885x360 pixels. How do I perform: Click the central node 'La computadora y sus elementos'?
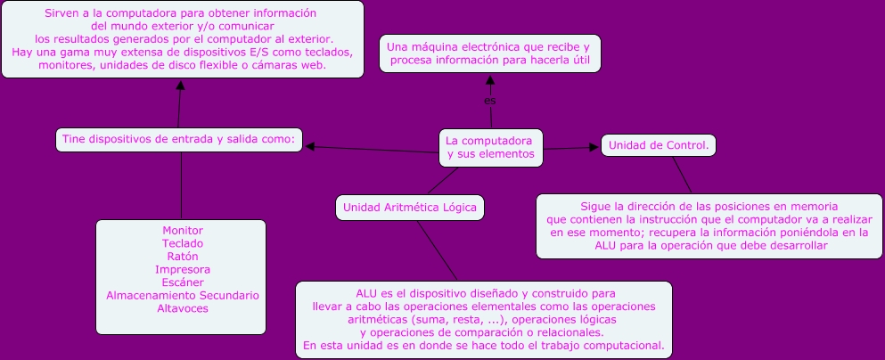click(490, 148)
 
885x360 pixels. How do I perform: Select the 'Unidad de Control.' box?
click(659, 144)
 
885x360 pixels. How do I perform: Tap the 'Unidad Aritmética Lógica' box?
click(409, 208)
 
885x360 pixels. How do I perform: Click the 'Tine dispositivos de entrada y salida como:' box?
click(180, 139)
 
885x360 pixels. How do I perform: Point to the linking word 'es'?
click(489, 100)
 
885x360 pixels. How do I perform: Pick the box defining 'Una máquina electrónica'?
click(489, 53)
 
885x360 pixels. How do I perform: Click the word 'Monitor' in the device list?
click(182, 230)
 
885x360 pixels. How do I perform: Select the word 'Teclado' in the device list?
click(182, 243)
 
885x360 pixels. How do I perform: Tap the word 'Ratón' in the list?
click(182, 256)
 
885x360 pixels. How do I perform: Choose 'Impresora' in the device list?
click(182, 269)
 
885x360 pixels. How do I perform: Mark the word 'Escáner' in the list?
click(182, 282)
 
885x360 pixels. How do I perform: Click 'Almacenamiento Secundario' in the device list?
click(182, 295)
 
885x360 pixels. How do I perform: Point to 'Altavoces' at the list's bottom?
click(182, 308)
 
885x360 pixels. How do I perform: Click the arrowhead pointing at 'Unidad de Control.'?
click(595, 147)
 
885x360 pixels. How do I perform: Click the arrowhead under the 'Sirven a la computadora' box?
click(180, 84)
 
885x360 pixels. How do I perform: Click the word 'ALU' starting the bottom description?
click(366, 292)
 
